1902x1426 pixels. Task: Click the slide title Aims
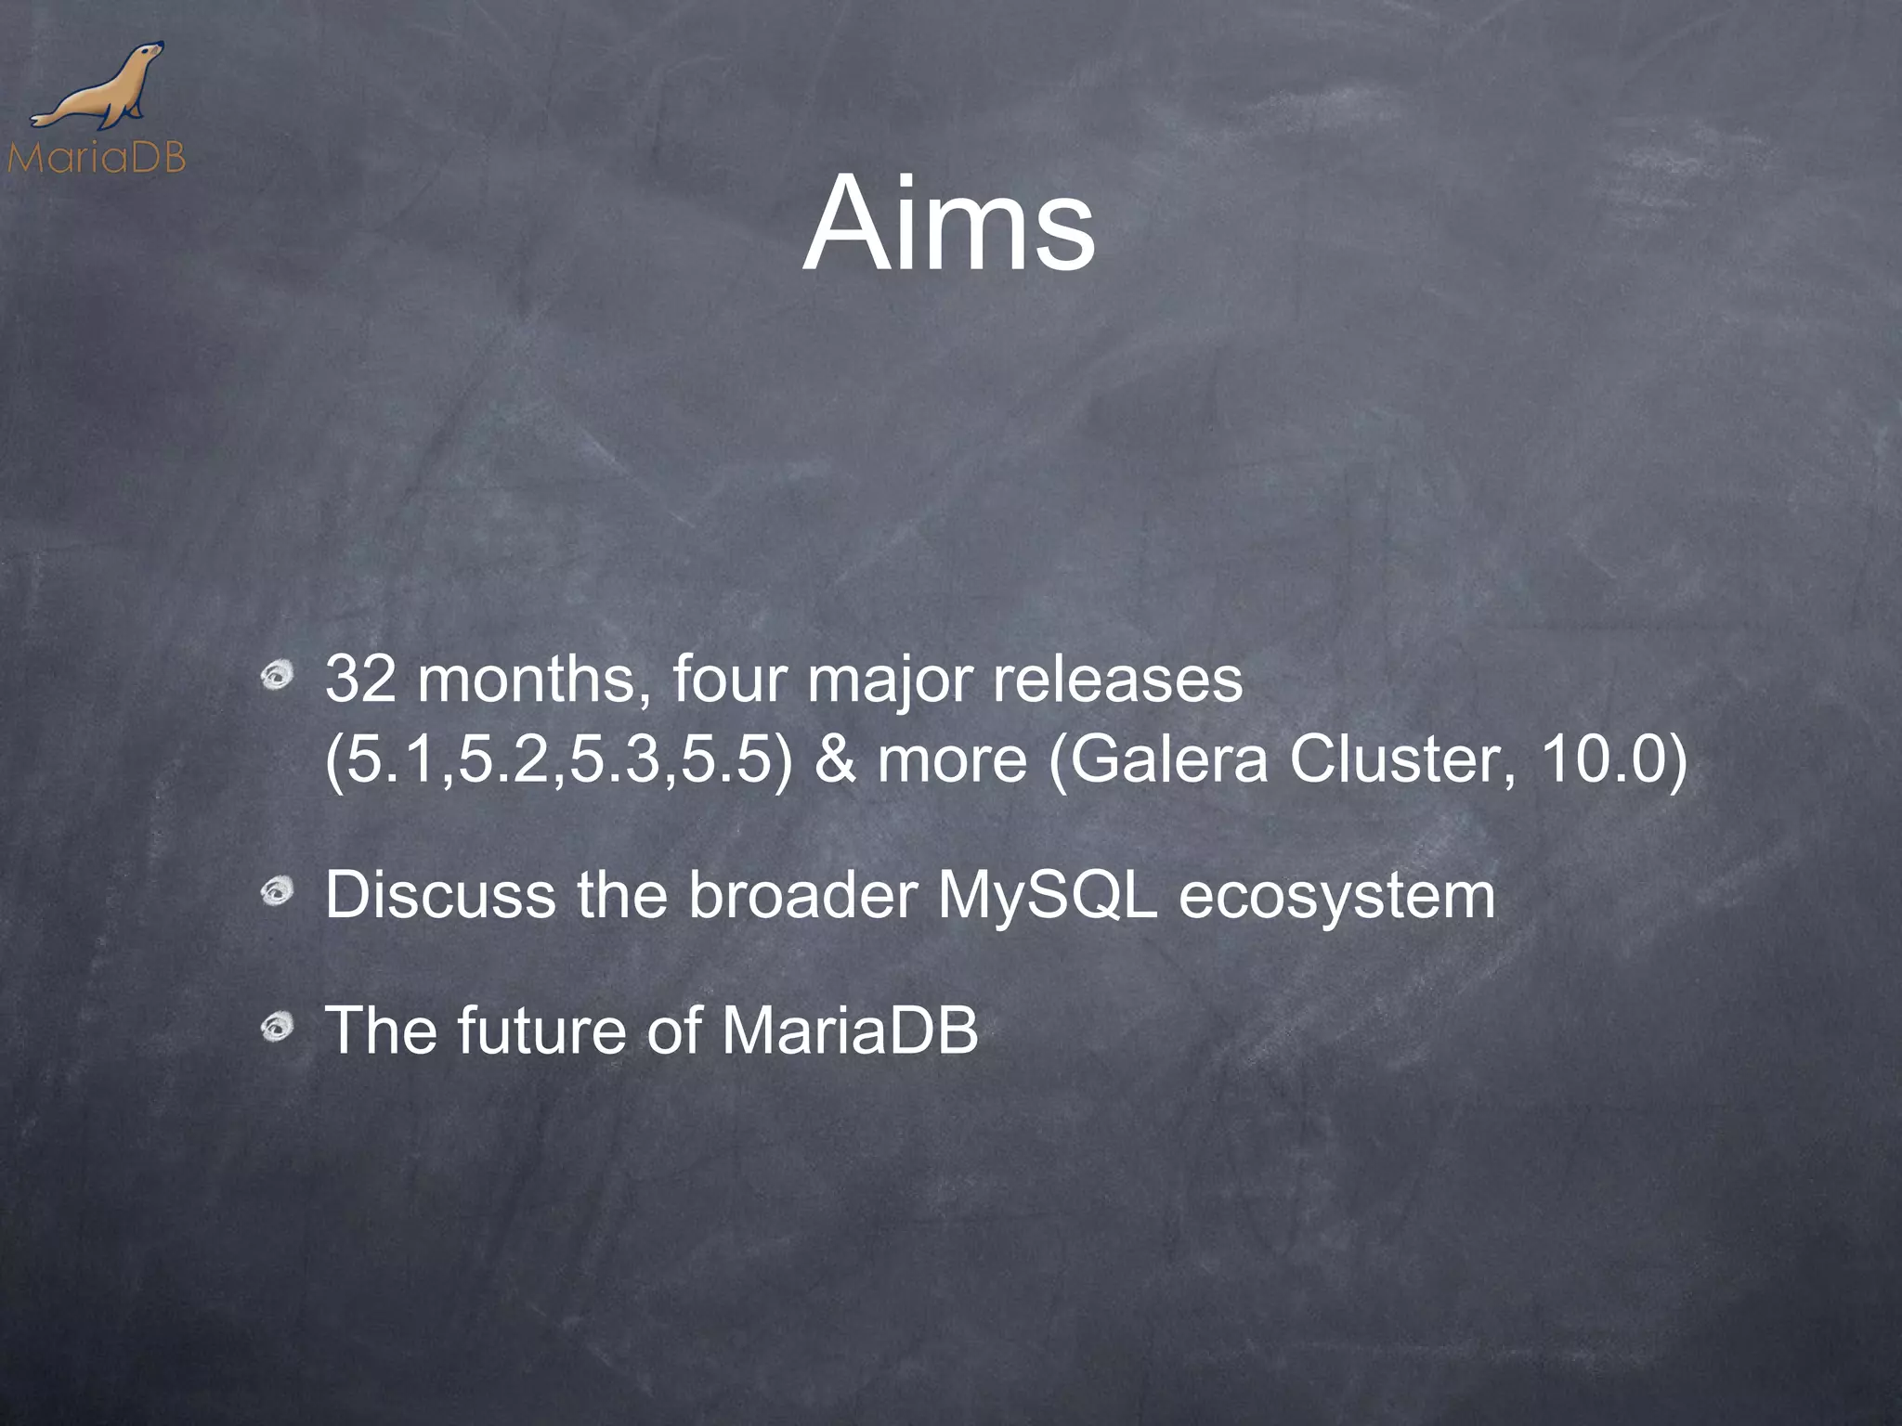949,227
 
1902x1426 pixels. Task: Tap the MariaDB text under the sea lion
96,158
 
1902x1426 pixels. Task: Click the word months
533,680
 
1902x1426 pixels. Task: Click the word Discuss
441,895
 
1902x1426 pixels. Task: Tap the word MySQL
1048,897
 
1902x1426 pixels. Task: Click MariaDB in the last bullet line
849,1031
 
